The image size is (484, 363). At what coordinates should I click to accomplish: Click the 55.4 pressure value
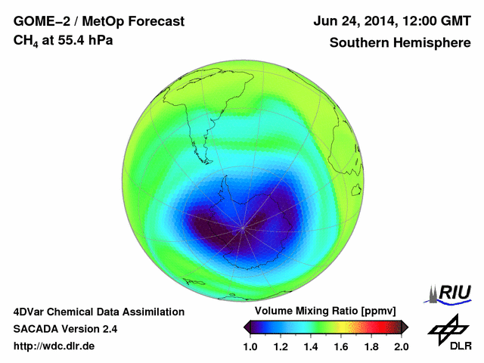point(73,40)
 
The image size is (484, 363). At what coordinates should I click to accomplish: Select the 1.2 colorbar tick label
point(281,347)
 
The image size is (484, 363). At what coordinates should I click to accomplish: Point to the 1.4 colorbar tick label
point(312,347)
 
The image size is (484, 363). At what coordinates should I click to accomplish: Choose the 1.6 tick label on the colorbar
point(341,347)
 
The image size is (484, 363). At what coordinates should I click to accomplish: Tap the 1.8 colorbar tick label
point(371,347)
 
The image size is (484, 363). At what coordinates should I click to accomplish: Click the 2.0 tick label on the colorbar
point(401,347)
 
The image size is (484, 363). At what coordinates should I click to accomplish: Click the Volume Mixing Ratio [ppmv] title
point(326,312)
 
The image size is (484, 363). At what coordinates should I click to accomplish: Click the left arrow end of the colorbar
point(247,327)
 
